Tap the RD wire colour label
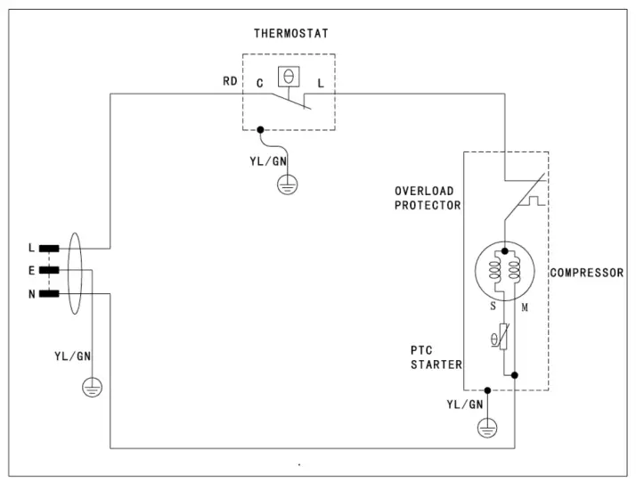pyautogui.click(x=230, y=82)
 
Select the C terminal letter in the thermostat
pyautogui.click(x=258, y=82)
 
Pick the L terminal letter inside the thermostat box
pyautogui.click(x=320, y=82)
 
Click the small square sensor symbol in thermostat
pyautogui.click(x=288, y=77)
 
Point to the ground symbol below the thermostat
pyautogui.click(x=287, y=184)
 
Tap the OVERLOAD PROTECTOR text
pyautogui.click(x=428, y=198)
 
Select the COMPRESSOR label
pyautogui.click(x=586, y=273)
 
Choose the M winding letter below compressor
pyautogui.click(x=526, y=307)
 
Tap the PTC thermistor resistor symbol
pyautogui.click(x=503, y=338)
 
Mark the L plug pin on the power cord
pyautogui.click(x=47, y=249)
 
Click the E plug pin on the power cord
pyautogui.click(x=47, y=270)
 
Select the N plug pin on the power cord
pyautogui.click(x=47, y=292)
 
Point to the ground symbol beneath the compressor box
pyautogui.click(x=486, y=429)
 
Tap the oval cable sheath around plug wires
pyautogui.click(x=76, y=271)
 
